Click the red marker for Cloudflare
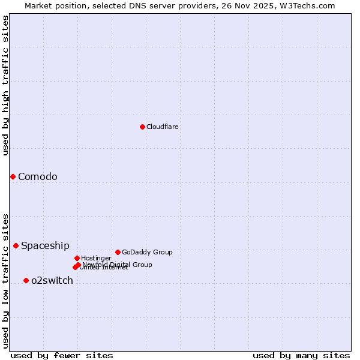point(142,127)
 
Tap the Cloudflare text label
point(163,127)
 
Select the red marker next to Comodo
point(13,176)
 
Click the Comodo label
point(38,176)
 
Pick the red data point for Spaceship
point(16,245)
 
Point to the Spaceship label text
point(45,245)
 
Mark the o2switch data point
point(26,280)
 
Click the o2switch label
point(52,280)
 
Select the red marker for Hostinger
point(77,258)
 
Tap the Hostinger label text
point(96,258)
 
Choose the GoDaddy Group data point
point(118,252)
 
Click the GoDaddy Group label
point(147,252)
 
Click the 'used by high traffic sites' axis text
point(5,85)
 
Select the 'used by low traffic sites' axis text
point(5,280)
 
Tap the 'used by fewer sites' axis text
point(62,355)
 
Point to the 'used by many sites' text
point(301,355)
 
